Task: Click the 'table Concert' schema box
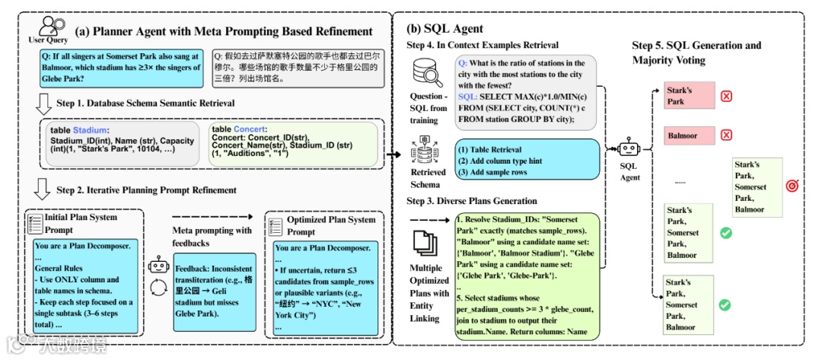tap(292, 145)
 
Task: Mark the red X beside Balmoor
tap(726, 135)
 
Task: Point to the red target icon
tap(792, 186)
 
